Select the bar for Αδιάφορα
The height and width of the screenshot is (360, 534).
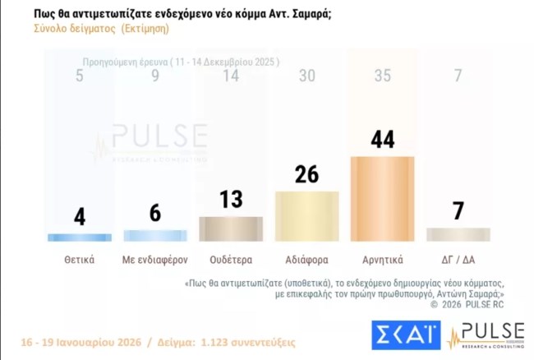click(306, 216)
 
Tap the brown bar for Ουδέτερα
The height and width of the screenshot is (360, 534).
click(232, 228)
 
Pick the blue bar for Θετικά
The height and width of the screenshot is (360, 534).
click(80, 237)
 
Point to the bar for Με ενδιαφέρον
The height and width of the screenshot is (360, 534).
click(155, 235)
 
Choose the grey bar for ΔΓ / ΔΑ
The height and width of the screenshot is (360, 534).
click(458, 234)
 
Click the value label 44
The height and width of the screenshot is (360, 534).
click(382, 139)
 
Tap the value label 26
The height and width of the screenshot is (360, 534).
click(306, 174)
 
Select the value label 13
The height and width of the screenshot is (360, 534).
click(231, 201)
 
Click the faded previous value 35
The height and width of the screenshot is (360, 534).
click(382, 76)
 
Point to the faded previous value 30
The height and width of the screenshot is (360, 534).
click(306, 76)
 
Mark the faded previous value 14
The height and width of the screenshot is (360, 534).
click(231, 76)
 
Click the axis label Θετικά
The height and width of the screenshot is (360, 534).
click(80, 260)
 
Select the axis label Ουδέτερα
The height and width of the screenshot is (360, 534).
click(231, 260)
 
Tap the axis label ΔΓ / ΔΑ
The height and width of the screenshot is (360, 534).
click(458, 260)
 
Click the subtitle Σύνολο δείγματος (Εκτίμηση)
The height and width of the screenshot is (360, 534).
click(102, 28)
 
